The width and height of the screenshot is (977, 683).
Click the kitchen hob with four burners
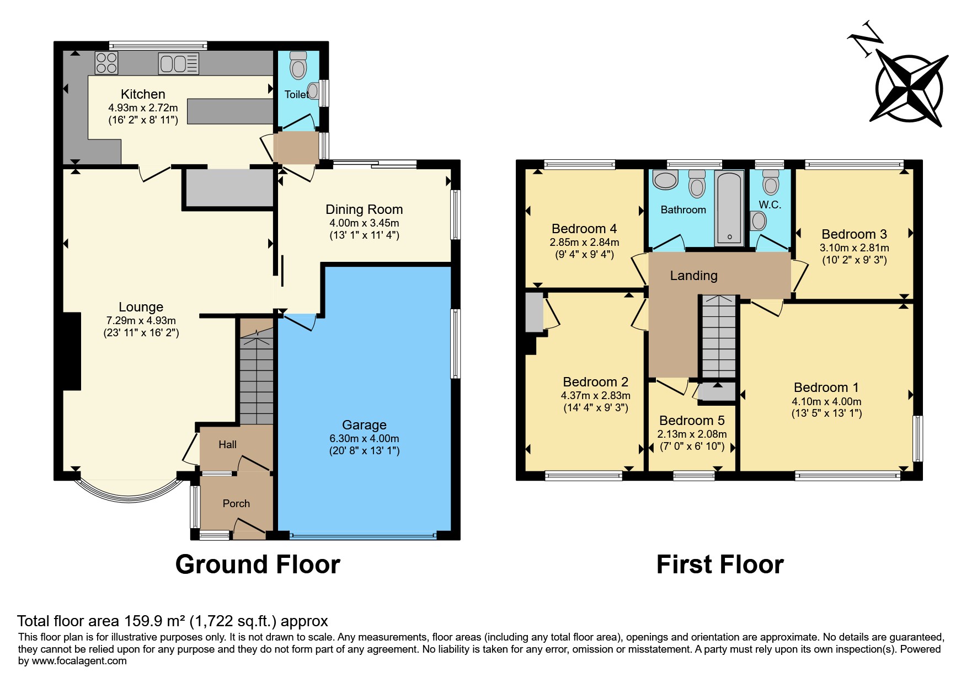[x=106, y=63]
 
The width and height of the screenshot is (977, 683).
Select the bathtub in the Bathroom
[x=729, y=208]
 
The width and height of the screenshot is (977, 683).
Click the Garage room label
[x=364, y=425]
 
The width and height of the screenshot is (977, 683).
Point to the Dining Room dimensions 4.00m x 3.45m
[x=364, y=223]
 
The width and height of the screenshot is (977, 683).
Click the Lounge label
[x=141, y=307]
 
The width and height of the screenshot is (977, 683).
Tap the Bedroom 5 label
[x=692, y=421]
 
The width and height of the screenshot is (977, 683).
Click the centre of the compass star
[x=909, y=89]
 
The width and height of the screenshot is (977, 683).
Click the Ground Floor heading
[x=258, y=564]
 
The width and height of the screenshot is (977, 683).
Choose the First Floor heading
[x=719, y=564]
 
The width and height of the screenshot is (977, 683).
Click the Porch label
[x=236, y=503]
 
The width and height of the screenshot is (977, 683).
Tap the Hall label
[x=227, y=444]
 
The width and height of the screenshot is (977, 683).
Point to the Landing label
[x=693, y=276]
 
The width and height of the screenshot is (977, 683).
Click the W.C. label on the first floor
[x=770, y=205]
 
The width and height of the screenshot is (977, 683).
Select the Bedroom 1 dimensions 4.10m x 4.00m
[x=826, y=402]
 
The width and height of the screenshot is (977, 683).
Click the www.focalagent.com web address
[x=79, y=661]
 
